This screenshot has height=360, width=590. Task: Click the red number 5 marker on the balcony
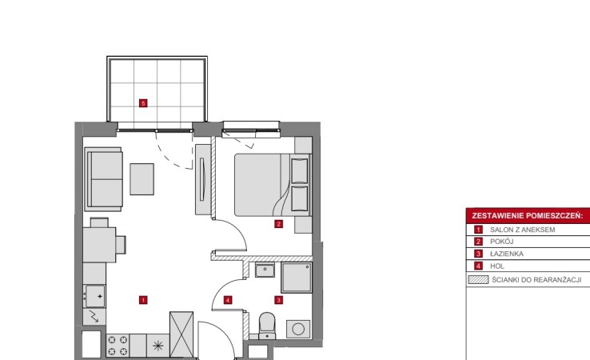click(x=143, y=103)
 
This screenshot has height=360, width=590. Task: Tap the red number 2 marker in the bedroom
click(x=278, y=224)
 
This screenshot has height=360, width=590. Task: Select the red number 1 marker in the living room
click(x=143, y=300)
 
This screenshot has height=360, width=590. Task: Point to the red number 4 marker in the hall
click(x=228, y=300)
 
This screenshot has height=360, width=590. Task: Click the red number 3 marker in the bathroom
click(x=278, y=300)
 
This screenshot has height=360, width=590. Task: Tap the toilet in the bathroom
click(x=267, y=326)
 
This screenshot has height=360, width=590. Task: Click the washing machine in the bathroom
click(x=298, y=329)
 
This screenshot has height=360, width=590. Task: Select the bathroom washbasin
click(x=265, y=270)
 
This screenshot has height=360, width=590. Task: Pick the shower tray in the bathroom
click(x=297, y=278)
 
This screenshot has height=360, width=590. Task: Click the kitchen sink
click(x=95, y=296)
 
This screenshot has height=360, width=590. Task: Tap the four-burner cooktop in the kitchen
click(x=118, y=346)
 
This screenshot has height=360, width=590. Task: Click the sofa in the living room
click(x=103, y=179)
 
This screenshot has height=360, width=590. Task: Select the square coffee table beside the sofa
click(x=142, y=179)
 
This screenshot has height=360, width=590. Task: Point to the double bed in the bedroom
click(x=273, y=185)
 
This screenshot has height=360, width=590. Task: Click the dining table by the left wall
click(x=99, y=245)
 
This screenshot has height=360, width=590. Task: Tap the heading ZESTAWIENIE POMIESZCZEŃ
click(x=527, y=216)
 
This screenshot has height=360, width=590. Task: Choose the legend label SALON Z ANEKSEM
click(x=522, y=230)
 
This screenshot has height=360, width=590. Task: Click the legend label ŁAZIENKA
click(x=507, y=254)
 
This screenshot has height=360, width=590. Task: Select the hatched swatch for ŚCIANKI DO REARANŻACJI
click(x=478, y=280)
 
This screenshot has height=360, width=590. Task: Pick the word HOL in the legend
click(x=497, y=266)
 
